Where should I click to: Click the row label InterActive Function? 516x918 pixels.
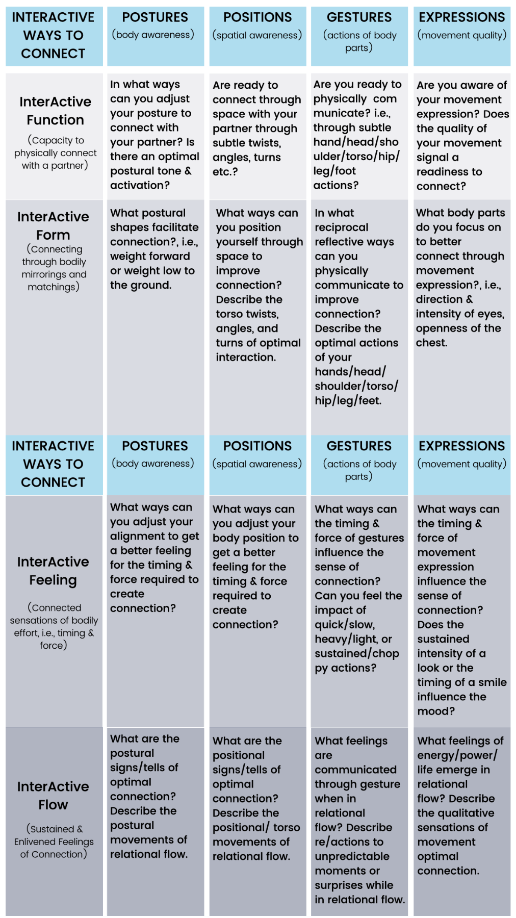pyautogui.click(x=55, y=111)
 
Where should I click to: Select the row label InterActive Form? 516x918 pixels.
pyautogui.click(x=53, y=225)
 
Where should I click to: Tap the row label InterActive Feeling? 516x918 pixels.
pyautogui.click(x=53, y=571)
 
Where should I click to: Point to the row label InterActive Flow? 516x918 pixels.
pyautogui.click(x=53, y=795)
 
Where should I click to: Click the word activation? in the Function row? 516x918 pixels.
pyautogui.click(x=140, y=185)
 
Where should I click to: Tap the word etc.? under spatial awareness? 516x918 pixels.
pyautogui.click(x=225, y=172)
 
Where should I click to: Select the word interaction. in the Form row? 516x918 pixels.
pyautogui.click(x=246, y=358)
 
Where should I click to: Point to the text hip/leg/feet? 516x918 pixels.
pyautogui.click(x=348, y=401)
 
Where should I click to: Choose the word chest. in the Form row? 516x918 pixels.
pyautogui.click(x=431, y=343)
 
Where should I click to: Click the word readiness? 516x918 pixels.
pyautogui.click(x=449, y=172)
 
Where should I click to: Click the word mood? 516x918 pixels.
pyautogui.click(x=435, y=711)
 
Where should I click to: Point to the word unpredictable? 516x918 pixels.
pyautogui.click(x=352, y=856)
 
